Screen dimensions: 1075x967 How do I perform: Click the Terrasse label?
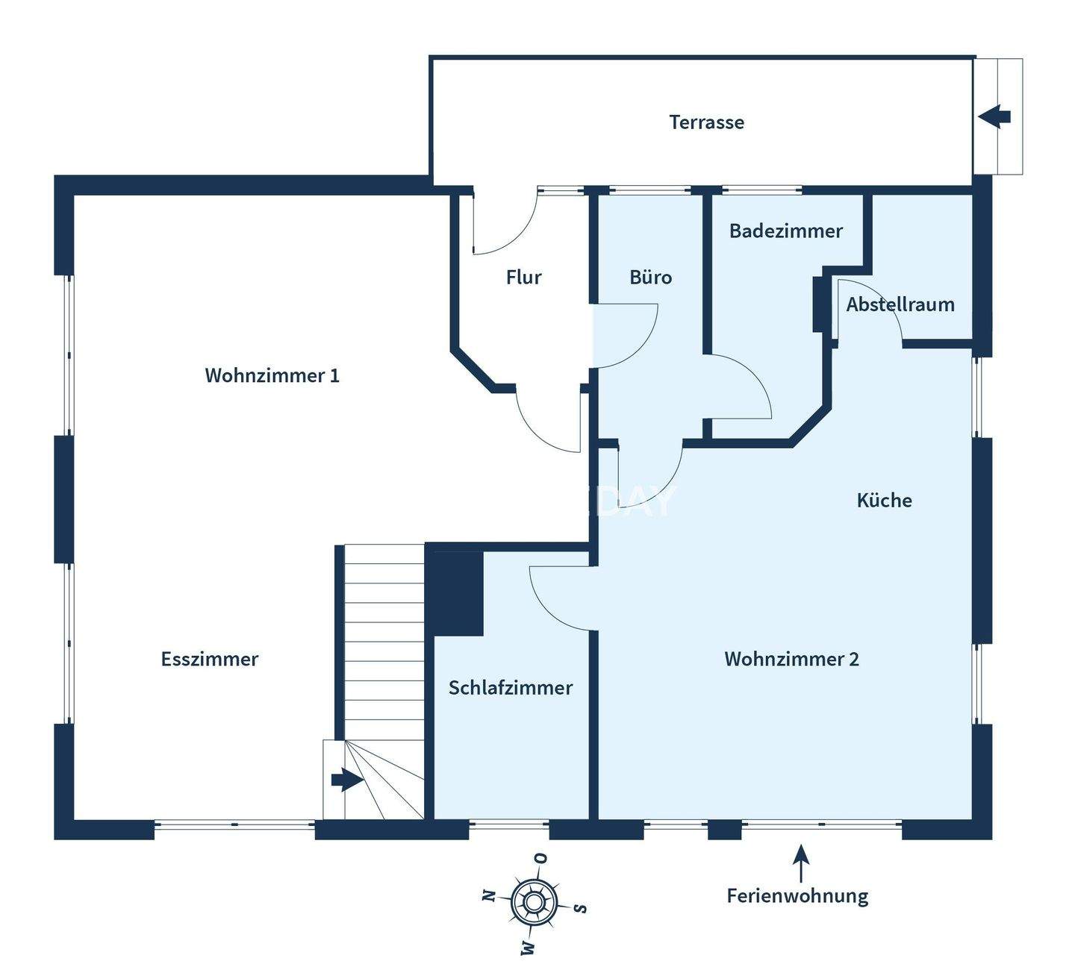(706, 122)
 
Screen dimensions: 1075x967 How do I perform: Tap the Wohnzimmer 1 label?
(272, 375)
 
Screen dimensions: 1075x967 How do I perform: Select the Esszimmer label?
(210, 660)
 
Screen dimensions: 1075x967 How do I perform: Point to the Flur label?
(523, 278)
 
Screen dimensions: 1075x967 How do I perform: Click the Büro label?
(650, 278)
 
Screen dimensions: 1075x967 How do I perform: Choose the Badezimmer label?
(785, 231)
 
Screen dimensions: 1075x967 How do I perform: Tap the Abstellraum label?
(900, 304)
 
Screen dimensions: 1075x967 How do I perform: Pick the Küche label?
(884, 500)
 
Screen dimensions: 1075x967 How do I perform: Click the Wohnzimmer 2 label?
(791, 660)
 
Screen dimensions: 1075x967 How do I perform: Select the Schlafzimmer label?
(511, 688)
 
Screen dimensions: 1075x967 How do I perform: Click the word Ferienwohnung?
(797, 895)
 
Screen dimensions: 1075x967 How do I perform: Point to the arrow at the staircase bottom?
(346, 780)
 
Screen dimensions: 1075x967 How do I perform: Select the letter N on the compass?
(489, 895)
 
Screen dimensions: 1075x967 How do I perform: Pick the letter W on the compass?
(528, 948)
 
